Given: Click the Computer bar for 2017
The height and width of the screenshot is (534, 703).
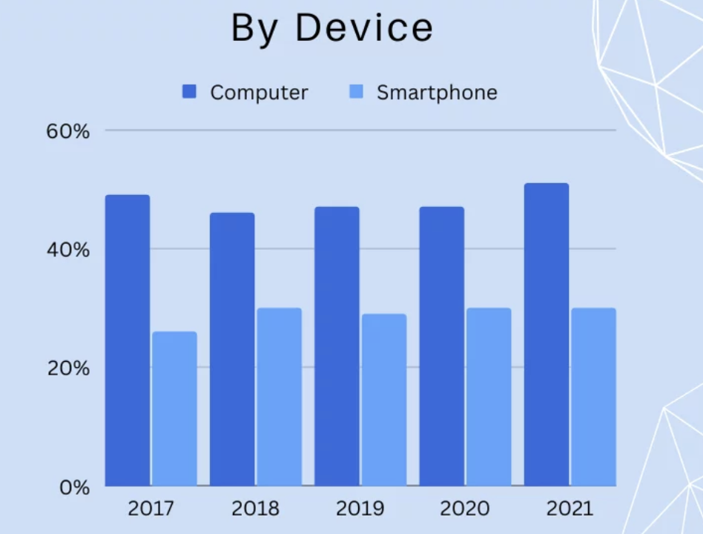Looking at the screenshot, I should [x=128, y=340].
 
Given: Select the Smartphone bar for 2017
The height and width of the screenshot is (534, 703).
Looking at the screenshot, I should [x=175, y=409].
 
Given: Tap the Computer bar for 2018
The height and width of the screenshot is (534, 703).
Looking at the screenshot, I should [x=232, y=349].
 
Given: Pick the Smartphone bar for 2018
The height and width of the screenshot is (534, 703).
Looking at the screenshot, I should [x=280, y=397].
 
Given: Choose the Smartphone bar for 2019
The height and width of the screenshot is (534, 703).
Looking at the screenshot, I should [x=384, y=400].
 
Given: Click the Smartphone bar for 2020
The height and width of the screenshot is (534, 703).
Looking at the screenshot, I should [x=489, y=397].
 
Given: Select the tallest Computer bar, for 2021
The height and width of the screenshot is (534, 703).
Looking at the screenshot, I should [x=547, y=334].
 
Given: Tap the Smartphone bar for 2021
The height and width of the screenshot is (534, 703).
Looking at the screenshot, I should [x=593, y=397].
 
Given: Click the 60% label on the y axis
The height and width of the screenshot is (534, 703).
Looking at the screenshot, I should [x=69, y=131].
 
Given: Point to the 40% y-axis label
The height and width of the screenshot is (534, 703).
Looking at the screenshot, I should [x=69, y=250].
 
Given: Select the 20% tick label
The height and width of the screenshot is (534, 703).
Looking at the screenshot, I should [x=69, y=369].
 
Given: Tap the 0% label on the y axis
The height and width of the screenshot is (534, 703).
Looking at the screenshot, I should [x=74, y=488].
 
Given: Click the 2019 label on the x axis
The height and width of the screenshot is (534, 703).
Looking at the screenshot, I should [x=360, y=509].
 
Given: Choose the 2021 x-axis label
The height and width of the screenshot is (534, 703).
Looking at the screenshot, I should [x=570, y=509].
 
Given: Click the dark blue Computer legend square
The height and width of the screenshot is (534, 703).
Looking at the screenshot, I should [x=190, y=92].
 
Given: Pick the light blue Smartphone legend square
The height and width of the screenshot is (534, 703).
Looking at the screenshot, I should [x=357, y=92].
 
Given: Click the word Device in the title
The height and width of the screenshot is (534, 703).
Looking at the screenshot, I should [x=363, y=28].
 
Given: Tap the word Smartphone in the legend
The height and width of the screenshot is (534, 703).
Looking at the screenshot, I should [x=437, y=93].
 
